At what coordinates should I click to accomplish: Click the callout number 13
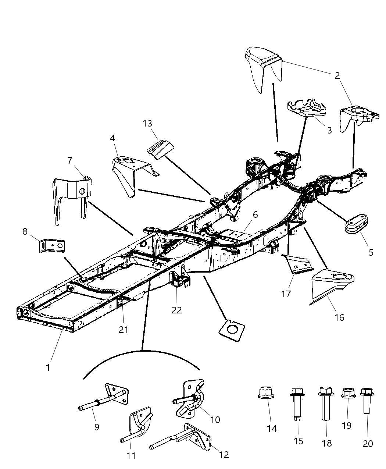click(147, 123)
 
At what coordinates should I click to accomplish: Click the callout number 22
click(177, 310)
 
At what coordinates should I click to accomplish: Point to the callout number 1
click(48, 367)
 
